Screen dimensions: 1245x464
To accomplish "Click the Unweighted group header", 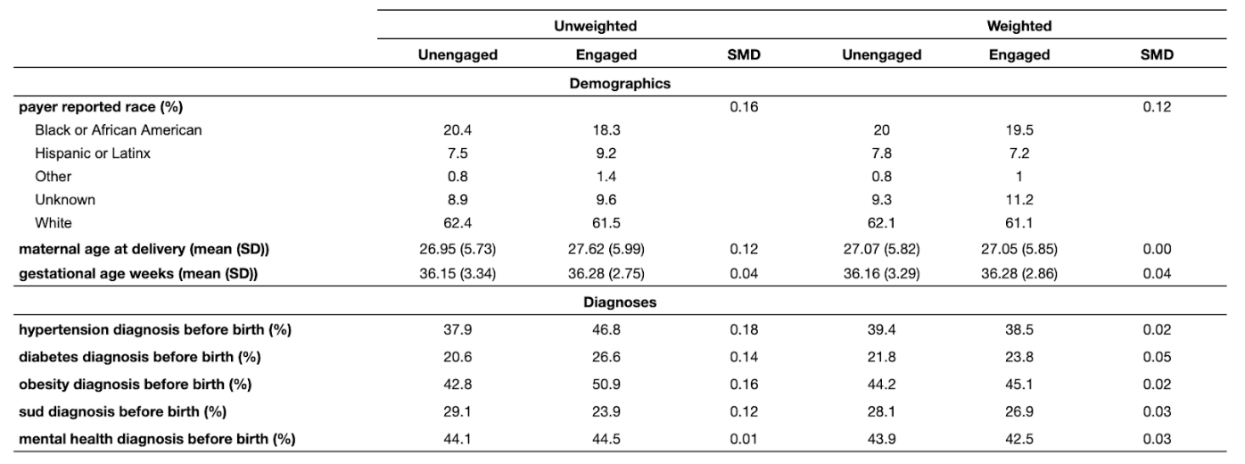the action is (595, 26).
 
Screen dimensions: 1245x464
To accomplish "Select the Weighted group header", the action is (1018, 26).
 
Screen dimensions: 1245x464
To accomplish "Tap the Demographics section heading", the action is (620, 84).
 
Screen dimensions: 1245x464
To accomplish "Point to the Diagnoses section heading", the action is (620, 302).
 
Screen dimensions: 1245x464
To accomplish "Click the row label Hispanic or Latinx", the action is (92, 153).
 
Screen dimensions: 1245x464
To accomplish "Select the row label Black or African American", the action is (118, 129).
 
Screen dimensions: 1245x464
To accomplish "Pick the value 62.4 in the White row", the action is (458, 222).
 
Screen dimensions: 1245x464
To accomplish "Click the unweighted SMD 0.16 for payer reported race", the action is (744, 107).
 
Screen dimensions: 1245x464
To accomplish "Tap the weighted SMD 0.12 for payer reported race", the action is (1157, 107).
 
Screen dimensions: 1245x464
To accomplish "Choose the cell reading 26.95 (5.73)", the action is (458, 249).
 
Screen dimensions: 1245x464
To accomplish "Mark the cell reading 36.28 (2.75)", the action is (606, 273).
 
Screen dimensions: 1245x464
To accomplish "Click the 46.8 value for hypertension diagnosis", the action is (606, 329).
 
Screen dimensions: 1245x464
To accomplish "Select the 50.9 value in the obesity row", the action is (606, 384).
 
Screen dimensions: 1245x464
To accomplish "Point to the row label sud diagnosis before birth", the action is (122, 411).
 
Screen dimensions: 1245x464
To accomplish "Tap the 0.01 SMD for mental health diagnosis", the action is (744, 439).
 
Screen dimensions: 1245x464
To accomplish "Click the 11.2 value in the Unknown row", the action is (1018, 199).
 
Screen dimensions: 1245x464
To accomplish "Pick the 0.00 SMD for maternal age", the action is (1157, 249).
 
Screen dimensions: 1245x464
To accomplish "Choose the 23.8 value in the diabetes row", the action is (1018, 357).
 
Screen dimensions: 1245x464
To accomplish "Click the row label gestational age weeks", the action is (138, 274).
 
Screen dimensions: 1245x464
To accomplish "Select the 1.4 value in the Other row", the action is (606, 177).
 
